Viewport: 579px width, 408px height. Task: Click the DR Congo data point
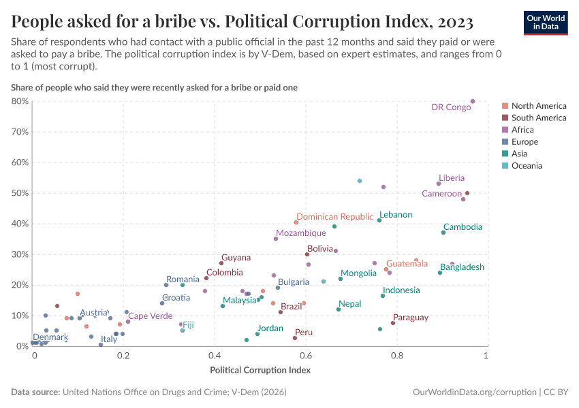473,101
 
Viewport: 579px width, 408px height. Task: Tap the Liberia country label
452,178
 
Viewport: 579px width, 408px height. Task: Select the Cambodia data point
443,233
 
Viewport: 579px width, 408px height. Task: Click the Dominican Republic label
334,217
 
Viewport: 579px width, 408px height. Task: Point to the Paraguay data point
393,323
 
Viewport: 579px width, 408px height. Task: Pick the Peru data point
295,338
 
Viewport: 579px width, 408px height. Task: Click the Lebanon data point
379,220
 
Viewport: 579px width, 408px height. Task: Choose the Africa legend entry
522,130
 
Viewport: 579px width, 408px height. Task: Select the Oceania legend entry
527,166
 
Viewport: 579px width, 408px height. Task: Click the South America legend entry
538,118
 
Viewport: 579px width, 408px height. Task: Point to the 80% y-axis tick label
20,101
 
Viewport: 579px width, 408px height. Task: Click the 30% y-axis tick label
20,254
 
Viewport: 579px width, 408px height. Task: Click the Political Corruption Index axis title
260,371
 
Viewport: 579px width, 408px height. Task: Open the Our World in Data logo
546,22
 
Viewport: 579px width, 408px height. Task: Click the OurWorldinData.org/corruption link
474,392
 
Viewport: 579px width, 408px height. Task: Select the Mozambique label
300,233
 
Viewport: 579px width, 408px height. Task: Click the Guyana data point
221,263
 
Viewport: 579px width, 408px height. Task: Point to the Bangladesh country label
462,267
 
